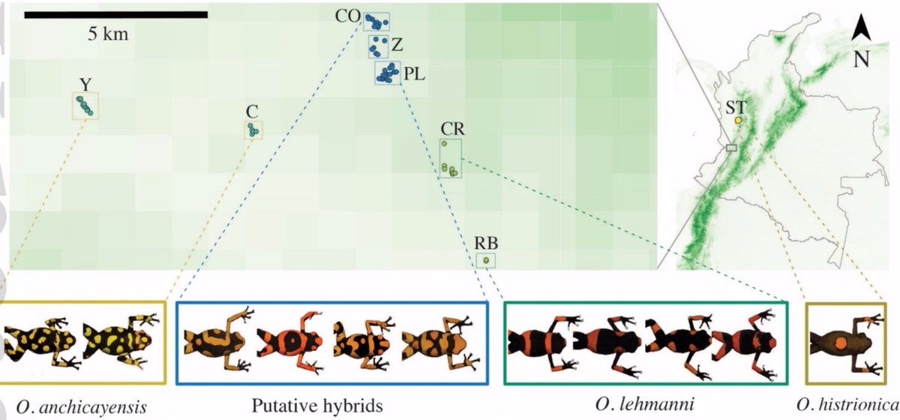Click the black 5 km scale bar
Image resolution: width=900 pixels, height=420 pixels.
coord(115,14)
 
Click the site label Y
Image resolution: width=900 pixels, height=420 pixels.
coord(85,82)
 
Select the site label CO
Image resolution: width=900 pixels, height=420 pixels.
coord(349,16)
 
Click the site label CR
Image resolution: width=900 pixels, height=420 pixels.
coord(451,128)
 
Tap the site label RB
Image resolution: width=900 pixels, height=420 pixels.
coord(486,243)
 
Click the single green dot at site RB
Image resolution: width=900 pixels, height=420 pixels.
coord(487,260)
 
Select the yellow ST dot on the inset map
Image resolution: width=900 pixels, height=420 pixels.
coord(737,120)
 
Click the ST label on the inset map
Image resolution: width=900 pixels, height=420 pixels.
coord(736,107)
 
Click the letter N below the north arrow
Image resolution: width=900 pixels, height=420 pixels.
coord(862,59)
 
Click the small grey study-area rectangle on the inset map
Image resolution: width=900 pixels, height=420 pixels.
coord(732,148)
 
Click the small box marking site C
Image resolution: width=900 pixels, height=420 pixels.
coord(253,130)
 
